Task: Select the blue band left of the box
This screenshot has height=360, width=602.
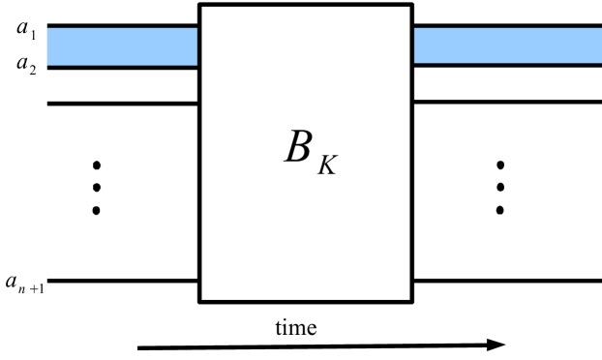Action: click(123, 46)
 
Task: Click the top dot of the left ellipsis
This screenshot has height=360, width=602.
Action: click(96, 163)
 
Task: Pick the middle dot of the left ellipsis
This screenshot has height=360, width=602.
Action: click(96, 186)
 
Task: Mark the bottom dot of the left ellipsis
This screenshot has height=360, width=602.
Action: click(96, 209)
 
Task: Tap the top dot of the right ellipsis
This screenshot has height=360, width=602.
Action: click(499, 163)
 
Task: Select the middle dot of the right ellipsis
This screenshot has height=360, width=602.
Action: click(499, 186)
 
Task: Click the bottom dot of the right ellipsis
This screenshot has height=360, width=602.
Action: click(499, 209)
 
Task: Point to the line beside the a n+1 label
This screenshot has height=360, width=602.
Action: click(123, 281)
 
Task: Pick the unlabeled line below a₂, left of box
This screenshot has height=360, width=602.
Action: click(123, 103)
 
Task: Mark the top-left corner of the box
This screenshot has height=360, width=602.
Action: click(199, 4)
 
